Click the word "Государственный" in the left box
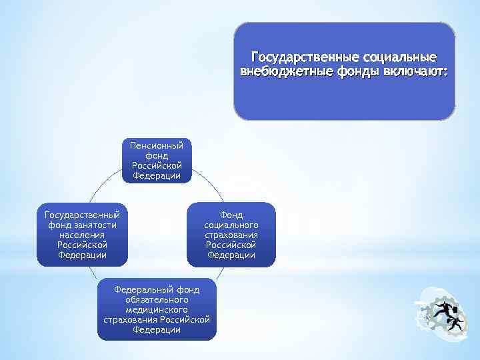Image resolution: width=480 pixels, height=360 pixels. [82, 215]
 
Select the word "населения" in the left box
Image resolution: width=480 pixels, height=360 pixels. [82, 235]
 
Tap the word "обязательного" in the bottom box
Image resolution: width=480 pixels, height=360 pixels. [157, 300]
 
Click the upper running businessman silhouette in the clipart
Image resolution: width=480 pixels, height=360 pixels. [443, 309]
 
